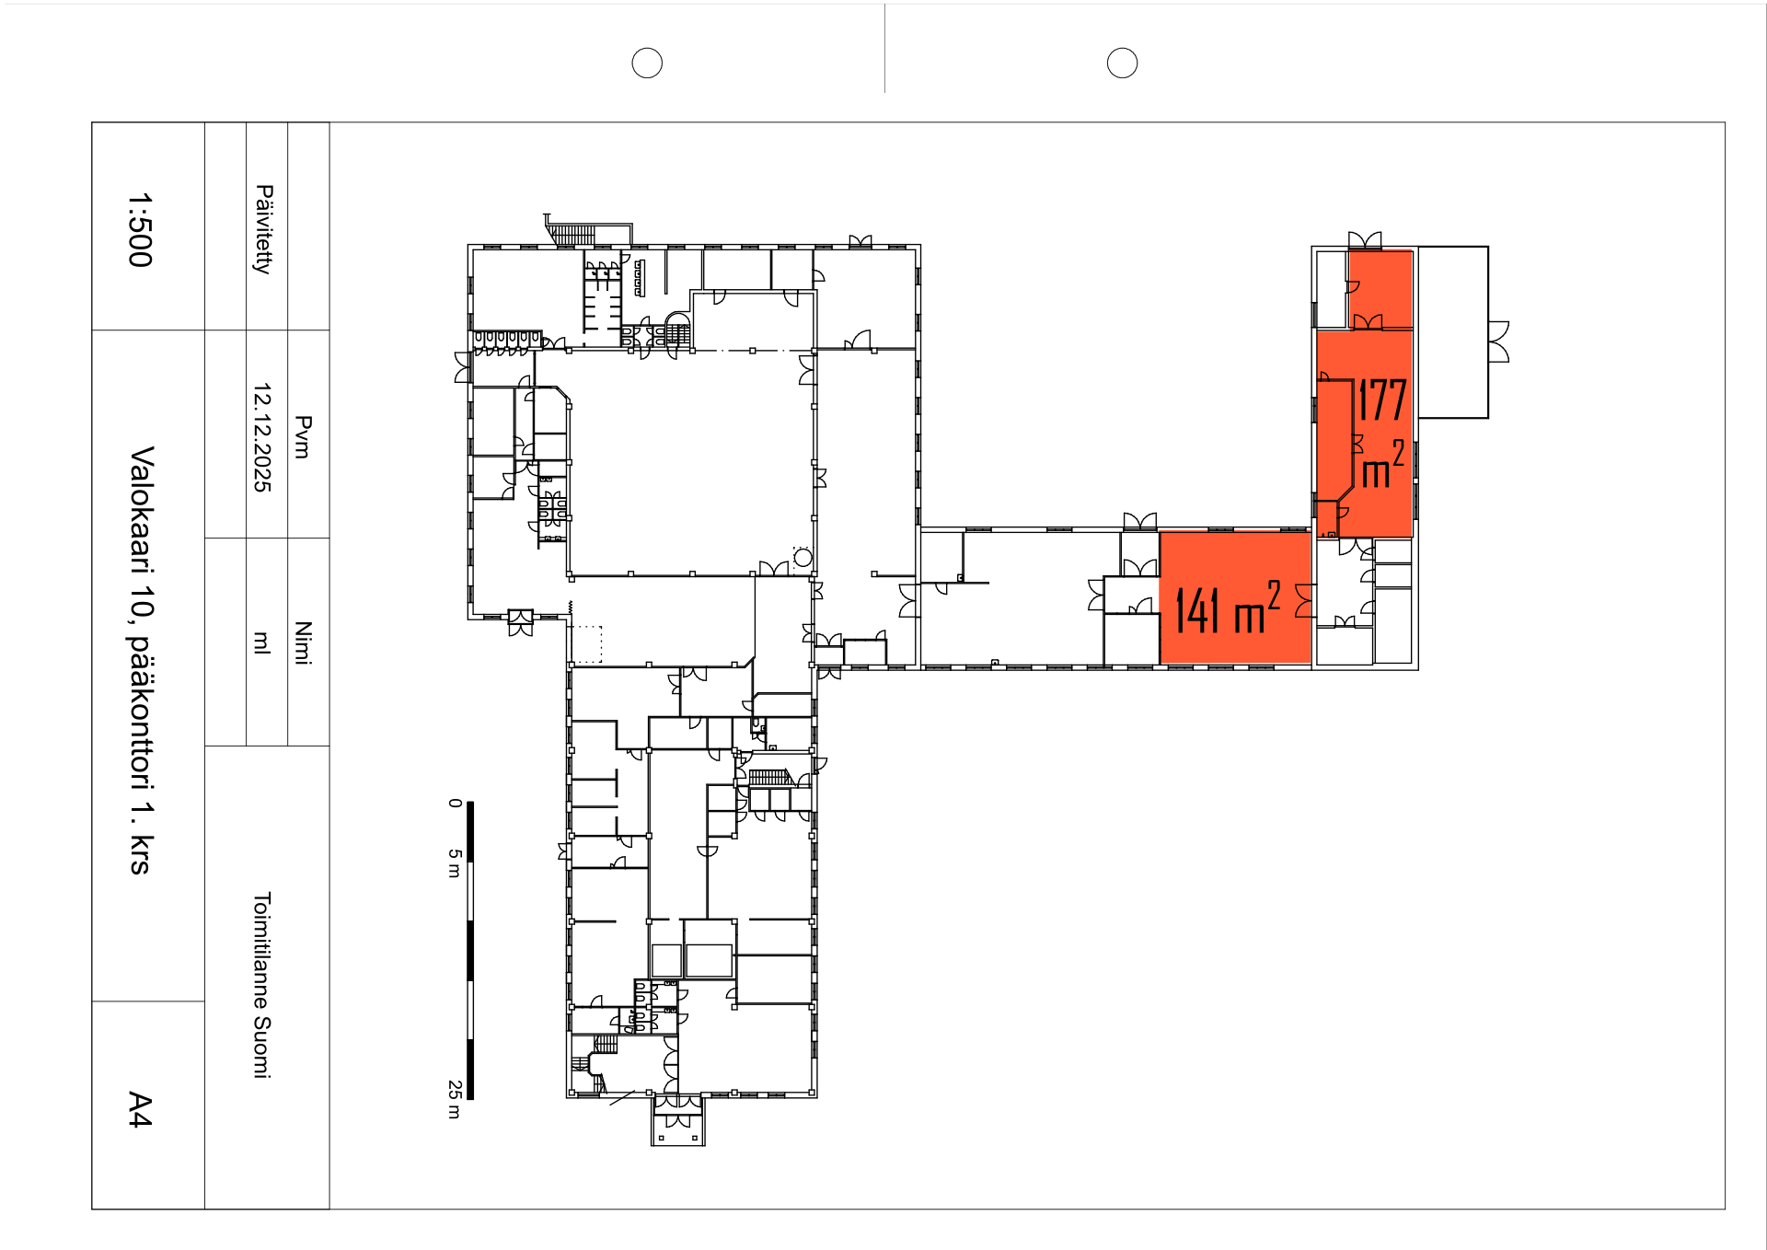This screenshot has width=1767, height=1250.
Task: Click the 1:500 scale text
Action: (x=140, y=230)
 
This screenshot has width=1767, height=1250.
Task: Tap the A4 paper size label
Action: (x=140, y=1109)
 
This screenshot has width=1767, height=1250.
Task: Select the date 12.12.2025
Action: (x=262, y=437)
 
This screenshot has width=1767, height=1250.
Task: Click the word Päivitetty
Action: (x=263, y=229)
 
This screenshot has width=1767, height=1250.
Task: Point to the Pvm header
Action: (x=303, y=437)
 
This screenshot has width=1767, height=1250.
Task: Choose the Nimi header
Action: (x=303, y=642)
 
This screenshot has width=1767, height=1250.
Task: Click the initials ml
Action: (x=262, y=642)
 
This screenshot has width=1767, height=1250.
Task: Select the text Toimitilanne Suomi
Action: (x=262, y=985)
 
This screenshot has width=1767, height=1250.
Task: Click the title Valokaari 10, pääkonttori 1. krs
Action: (x=141, y=660)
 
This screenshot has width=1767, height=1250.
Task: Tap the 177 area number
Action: (x=1382, y=400)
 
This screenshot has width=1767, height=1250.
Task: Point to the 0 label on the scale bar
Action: (x=455, y=804)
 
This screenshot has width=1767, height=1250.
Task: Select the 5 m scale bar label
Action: (x=455, y=863)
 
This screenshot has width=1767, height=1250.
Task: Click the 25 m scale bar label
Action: (x=455, y=1099)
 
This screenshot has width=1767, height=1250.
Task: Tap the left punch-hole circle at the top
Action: (x=647, y=63)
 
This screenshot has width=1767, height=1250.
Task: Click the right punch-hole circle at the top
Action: (x=1122, y=63)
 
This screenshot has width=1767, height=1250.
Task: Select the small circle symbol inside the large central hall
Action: (x=803, y=557)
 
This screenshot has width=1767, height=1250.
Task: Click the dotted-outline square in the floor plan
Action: (x=585, y=644)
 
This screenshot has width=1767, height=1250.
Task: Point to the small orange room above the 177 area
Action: (x=1380, y=289)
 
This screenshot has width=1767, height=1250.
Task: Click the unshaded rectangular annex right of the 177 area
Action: (x=1453, y=332)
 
